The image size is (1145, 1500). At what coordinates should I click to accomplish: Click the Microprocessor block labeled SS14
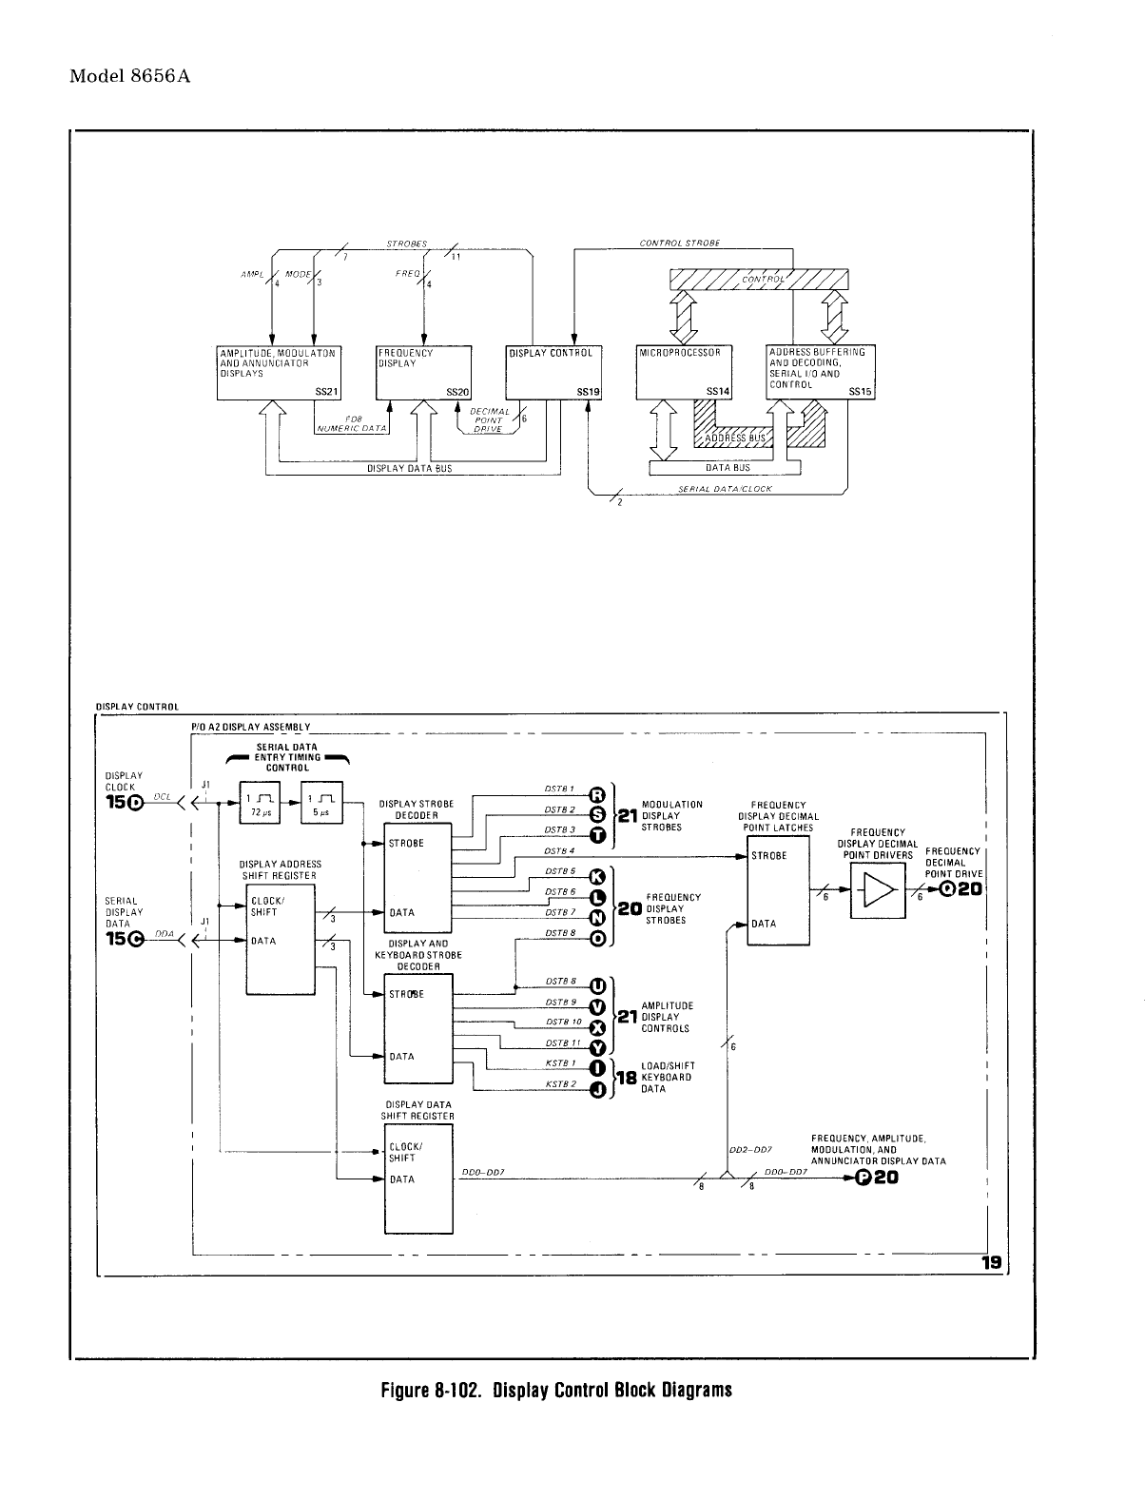683,372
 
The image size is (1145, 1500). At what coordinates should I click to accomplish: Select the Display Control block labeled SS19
553,372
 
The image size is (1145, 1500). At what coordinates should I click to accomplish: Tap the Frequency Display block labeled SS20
424,372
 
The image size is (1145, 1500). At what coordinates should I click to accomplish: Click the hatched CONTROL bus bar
759,279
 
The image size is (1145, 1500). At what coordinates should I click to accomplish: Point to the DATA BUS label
728,468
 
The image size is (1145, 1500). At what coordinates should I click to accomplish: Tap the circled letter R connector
597,795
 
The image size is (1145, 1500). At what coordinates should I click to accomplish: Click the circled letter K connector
597,877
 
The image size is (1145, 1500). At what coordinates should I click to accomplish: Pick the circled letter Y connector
597,1047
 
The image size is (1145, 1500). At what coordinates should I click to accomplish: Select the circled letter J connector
597,1090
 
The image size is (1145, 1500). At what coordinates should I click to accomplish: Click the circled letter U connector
597,985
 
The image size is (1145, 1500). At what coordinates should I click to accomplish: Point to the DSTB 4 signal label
560,850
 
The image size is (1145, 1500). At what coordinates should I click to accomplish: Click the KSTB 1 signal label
561,1062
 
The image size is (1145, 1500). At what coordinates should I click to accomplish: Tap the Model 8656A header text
130,76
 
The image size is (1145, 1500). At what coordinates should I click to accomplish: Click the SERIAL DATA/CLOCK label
726,489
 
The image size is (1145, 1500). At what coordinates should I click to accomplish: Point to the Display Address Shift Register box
280,940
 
